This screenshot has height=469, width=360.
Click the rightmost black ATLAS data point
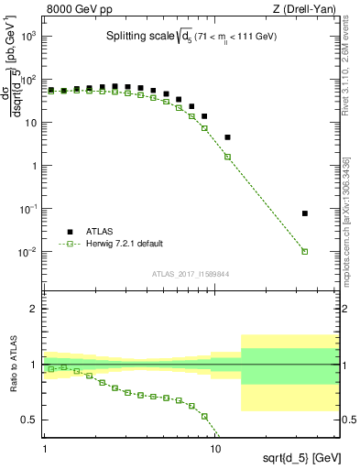coord(305,213)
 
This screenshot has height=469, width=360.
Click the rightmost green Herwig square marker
coord(305,251)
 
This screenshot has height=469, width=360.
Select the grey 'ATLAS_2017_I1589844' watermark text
coord(190,274)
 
